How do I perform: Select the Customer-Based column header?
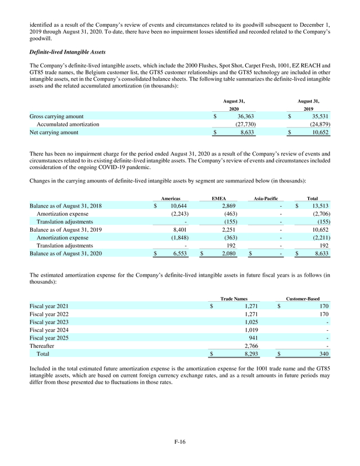coord(304,298)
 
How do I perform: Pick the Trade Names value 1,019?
coord(249,330)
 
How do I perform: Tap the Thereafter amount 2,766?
coord(249,346)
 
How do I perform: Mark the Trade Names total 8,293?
coord(249,354)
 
